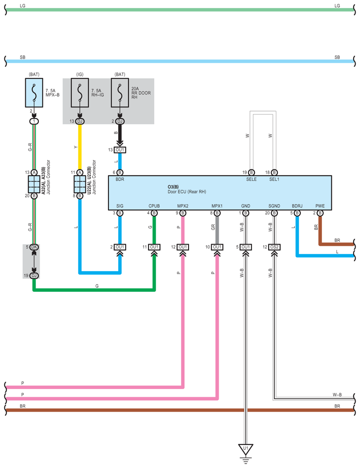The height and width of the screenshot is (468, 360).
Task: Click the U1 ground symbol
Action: tap(246, 449)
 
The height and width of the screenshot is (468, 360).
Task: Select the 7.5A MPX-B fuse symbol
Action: tap(34, 93)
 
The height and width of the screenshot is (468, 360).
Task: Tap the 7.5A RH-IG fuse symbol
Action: tap(80, 93)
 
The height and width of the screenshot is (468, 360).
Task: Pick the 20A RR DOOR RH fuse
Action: tap(120, 93)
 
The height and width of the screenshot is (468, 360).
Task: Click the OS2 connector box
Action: tap(274, 247)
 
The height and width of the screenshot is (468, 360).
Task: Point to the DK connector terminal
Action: tap(34, 247)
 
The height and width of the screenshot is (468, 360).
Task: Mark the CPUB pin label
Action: tap(154, 206)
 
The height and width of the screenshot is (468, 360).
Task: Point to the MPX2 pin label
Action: tap(183, 206)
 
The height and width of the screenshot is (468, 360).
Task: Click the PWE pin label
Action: tap(320, 206)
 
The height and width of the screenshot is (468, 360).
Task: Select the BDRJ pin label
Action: tap(297, 206)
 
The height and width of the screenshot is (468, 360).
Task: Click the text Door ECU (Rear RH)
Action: tap(187, 192)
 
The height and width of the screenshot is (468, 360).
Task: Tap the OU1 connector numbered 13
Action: tap(120, 150)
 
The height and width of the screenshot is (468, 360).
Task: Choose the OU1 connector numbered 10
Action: tap(217, 247)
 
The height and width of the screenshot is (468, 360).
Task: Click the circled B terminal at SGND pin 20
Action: tap(274, 213)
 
